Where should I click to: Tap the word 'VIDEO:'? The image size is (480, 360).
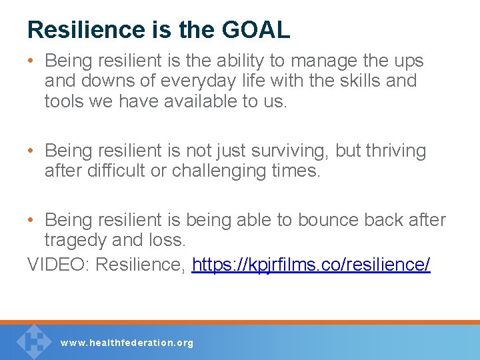click(59, 265)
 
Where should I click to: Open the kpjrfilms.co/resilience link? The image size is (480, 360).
click(311, 265)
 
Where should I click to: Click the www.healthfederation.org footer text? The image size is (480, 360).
click(127, 343)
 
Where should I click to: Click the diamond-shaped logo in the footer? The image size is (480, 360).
click(33, 341)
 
